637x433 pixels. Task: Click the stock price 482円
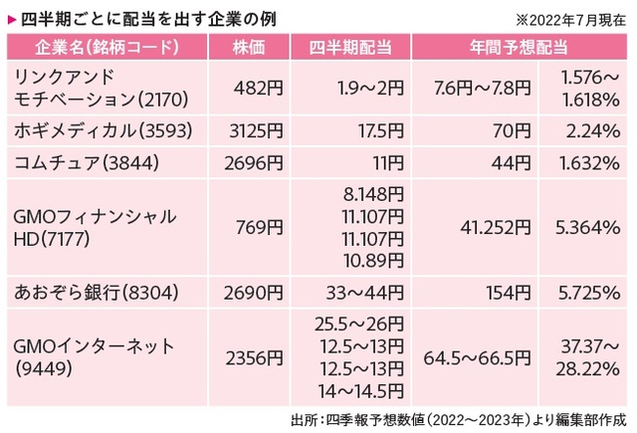click(261, 87)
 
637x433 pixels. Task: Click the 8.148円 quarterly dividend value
click(371, 193)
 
